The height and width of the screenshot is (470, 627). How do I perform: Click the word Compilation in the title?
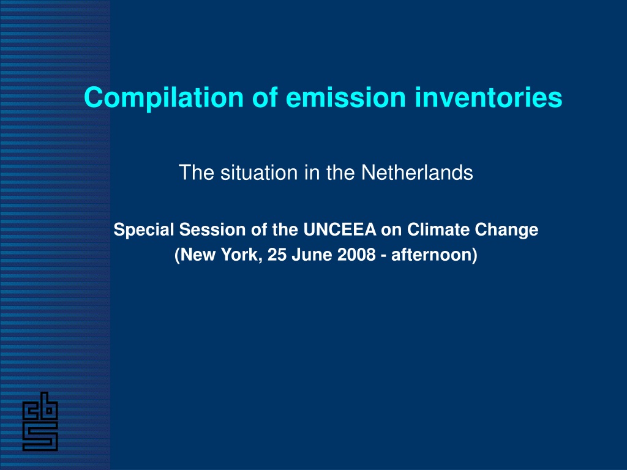[164, 98]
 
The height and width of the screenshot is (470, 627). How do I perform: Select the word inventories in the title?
[488, 97]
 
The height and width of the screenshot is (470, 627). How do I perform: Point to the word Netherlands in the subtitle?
[417, 173]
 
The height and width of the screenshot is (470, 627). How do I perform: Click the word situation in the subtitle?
[259, 173]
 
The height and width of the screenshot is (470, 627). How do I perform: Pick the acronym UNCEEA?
[340, 230]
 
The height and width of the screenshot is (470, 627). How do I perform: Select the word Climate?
[438, 230]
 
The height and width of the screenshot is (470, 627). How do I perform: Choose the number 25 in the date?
[277, 255]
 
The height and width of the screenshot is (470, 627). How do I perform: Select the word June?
[312, 255]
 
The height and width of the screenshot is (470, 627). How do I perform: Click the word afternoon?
[432, 255]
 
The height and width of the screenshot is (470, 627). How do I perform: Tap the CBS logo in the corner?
[40, 421]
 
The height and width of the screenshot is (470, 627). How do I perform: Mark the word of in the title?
[265, 97]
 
